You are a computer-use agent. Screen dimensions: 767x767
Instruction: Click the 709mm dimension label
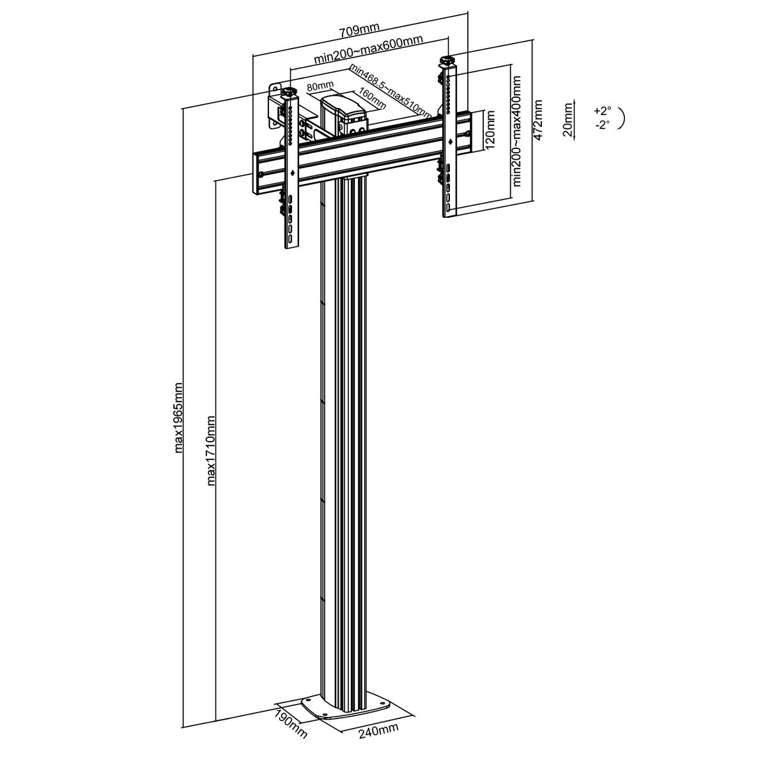[x=359, y=30]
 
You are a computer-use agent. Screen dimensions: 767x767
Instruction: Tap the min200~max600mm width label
[x=368, y=49]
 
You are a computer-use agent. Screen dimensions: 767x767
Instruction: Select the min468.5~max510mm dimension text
[x=390, y=91]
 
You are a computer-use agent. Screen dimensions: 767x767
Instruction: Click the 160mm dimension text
[x=372, y=98]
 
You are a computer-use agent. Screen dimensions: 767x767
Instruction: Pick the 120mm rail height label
[x=490, y=130]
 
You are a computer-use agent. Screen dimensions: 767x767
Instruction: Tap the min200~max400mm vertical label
[x=516, y=131]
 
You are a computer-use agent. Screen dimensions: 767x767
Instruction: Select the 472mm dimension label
[x=538, y=120]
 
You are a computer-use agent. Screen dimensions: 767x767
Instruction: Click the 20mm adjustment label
[x=568, y=120]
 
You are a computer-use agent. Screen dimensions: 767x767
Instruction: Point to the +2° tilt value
[x=602, y=110]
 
